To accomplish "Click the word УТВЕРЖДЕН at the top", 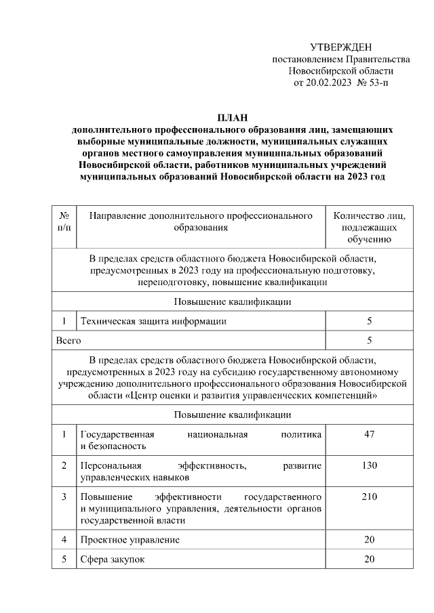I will [341, 47].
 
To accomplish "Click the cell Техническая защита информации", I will [153, 320].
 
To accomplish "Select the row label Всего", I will [67, 340].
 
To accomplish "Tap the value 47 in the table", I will [369, 434].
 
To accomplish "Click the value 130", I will [369, 465].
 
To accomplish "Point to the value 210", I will [369, 497].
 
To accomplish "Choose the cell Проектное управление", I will [130, 540].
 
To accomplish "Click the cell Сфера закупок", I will [112, 559].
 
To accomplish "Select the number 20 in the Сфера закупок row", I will [369, 559].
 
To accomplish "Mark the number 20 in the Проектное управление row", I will [369, 540].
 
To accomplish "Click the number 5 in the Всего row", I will [369, 340].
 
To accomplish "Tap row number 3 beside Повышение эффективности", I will [64, 497].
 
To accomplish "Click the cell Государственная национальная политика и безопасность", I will [200, 440].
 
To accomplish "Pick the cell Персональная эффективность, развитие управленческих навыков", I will [200, 471].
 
